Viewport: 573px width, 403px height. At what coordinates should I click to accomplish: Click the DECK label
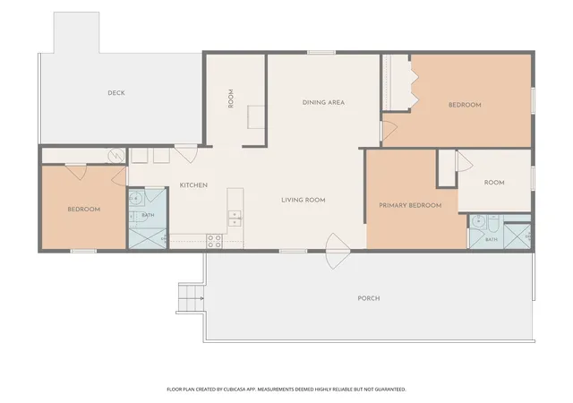tap(116, 93)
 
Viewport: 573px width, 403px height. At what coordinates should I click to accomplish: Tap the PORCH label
tap(369, 298)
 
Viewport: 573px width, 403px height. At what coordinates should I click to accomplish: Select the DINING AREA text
tap(323, 102)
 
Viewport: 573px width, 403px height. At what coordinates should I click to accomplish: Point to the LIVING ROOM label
tap(304, 200)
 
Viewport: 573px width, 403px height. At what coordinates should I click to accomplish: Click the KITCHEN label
tap(193, 185)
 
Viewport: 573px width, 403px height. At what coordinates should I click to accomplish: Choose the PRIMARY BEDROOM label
tap(410, 205)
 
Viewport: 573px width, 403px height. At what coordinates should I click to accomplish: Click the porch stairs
tap(191, 298)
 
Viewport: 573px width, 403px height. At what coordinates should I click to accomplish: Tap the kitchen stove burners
tap(215, 241)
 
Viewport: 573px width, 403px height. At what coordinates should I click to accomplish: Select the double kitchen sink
tap(235, 219)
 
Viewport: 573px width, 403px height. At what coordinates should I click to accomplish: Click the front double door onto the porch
tap(337, 252)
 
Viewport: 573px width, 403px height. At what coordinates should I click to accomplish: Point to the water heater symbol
tap(116, 156)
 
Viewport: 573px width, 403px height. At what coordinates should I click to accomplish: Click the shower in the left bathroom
tap(147, 238)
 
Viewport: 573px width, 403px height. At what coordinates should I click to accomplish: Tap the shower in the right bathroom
tap(517, 236)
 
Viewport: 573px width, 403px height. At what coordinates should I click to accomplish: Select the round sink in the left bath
tap(135, 199)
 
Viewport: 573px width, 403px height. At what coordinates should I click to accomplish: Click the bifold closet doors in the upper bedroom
tap(414, 81)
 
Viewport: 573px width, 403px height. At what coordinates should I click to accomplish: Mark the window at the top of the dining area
tap(321, 52)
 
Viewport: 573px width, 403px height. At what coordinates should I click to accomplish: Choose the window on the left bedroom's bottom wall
tap(83, 251)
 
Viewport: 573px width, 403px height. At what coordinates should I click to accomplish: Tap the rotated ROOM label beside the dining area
tap(231, 99)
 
